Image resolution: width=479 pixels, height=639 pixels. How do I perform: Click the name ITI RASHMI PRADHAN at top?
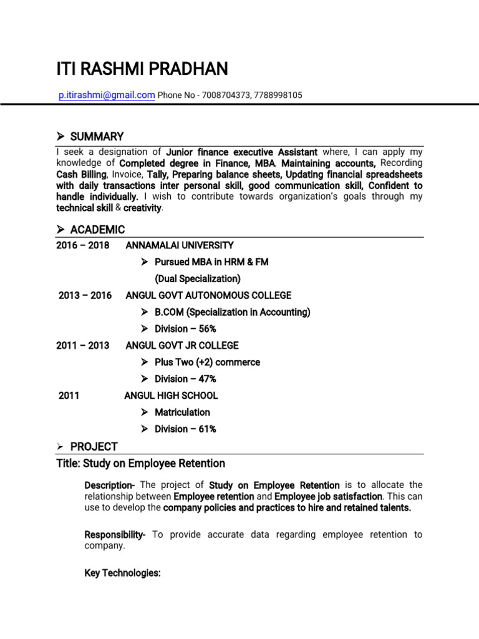(x=142, y=69)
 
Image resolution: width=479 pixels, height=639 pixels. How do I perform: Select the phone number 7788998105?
(x=278, y=95)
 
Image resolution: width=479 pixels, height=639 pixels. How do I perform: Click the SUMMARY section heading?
(x=97, y=137)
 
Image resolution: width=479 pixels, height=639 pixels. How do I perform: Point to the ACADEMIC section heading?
(x=97, y=229)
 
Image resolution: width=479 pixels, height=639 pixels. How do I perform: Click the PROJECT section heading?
(x=94, y=446)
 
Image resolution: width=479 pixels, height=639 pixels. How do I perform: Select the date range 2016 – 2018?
(x=82, y=245)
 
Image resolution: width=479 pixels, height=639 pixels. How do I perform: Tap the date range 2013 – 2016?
(x=85, y=295)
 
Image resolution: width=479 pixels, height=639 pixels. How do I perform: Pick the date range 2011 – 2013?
(x=82, y=345)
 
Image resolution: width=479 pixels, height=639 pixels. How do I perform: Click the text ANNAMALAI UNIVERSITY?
(x=180, y=245)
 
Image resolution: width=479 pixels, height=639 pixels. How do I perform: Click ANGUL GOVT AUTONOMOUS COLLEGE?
(x=208, y=295)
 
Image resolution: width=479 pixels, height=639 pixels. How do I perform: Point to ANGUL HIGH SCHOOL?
(x=171, y=395)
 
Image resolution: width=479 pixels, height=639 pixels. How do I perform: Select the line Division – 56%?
(x=185, y=329)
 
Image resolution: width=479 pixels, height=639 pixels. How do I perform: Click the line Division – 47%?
(x=185, y=379)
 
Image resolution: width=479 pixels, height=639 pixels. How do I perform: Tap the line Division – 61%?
(x=185, y=429)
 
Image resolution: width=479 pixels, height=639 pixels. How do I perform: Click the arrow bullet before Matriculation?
(x=144, y=412)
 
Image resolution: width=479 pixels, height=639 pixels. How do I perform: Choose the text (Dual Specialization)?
(x=198, y=279)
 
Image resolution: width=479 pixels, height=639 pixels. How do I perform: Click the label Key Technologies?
(x=122, y=573)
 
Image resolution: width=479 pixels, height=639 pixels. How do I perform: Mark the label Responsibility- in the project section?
(x=115, y=535)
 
